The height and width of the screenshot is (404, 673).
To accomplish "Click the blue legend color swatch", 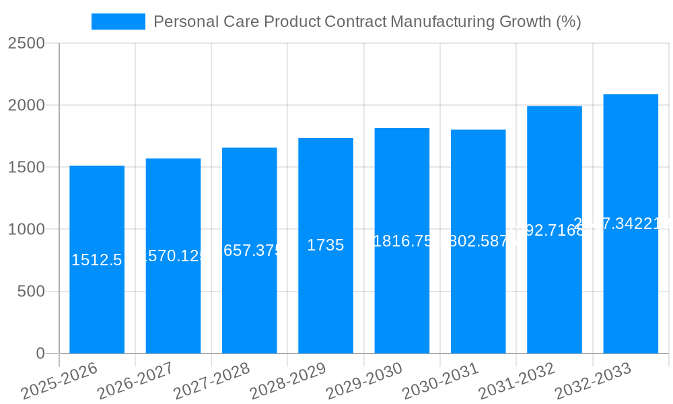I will pyautogui.click(x=118, y=22).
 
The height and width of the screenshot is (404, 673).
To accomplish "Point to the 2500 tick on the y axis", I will pyautogui.click(x=26, y=44).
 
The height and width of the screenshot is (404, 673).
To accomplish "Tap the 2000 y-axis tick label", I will pyautogui.click(x=26, y=106).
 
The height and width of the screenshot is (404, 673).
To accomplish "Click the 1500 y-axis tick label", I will pyautogui.click(x=26, y=168).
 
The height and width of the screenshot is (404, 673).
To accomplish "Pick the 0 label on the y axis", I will pyautogui.click(x=40, y=353).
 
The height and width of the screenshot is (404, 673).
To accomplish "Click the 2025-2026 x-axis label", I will pyautogui.click(x=59, y=380).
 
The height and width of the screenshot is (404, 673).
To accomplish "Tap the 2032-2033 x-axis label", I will pyautogui.click(x=593, y=380).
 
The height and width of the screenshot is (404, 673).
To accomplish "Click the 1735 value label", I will pyautogui.click(x=326, y=246).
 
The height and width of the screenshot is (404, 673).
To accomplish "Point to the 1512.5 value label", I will pyautogui.click(x=97, y=260).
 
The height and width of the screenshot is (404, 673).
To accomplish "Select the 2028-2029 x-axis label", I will pyautogui.click(x=288, y=380).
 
